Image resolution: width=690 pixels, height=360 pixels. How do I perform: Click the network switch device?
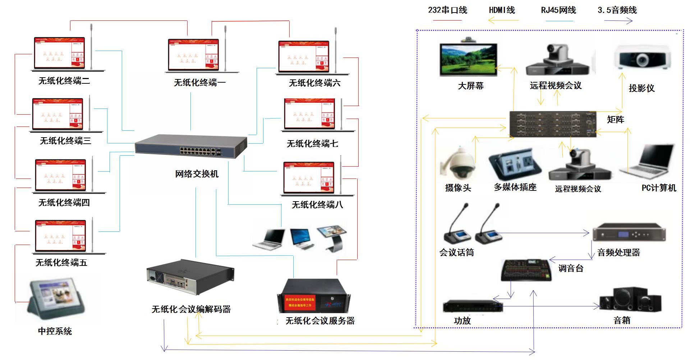click(191, 146)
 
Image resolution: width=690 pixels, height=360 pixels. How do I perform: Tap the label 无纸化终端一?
click(200, 83)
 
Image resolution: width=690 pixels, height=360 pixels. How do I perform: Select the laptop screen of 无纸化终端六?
click(304, 57)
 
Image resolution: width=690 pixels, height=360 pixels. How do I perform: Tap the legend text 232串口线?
click(447, 10)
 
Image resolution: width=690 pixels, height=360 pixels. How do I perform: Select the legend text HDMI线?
click(502, 10)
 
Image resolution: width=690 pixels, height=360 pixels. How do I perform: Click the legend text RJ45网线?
click(558, 10)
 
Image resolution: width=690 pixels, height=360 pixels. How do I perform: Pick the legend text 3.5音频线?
click(617, 10)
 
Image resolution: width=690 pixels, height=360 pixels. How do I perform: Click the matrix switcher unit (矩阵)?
click(553, 124)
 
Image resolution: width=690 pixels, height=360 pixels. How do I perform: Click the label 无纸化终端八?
click(317, 205)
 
